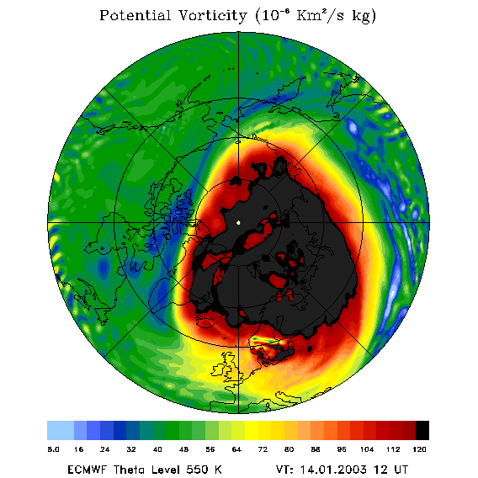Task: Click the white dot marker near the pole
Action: pos(238,222)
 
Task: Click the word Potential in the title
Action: pos(135,15)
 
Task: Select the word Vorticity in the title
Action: pos(212,16)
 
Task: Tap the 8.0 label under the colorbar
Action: pos(53,449)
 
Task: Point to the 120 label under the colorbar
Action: pos(419,449)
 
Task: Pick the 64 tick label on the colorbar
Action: pos(236,449)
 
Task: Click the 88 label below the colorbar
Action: pos(316,449)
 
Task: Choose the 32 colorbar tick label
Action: pos(131,449)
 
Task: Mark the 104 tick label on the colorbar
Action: pos(367,449)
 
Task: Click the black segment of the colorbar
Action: pos(422,430)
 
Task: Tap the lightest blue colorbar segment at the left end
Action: pos(61,430)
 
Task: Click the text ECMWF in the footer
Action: pos(88,470)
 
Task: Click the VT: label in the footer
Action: pos(284,470)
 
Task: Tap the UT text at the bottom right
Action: pos(401,470)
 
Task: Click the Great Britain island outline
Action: pos(231,367)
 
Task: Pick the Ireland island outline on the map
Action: pos(218,370)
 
